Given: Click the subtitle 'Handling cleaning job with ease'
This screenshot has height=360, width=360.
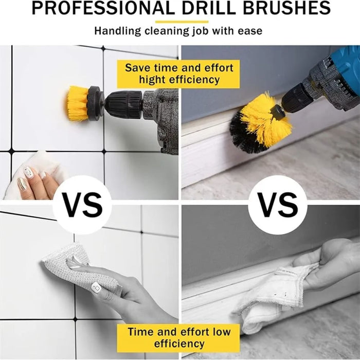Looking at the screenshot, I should click(x=178, y=31).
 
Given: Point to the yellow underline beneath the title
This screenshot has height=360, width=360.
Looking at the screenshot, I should click(x=182, y=21).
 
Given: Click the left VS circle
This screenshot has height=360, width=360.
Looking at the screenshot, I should click(x=82, y=205).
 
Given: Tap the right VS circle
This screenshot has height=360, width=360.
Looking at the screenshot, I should click(x=278, y=205).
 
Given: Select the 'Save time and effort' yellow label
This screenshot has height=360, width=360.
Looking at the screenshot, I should click(x=179, y=68).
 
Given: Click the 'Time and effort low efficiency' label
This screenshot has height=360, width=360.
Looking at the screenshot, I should click(x=179, y=337).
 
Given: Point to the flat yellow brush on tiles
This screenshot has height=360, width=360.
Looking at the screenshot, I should click(x=78, y=103).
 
